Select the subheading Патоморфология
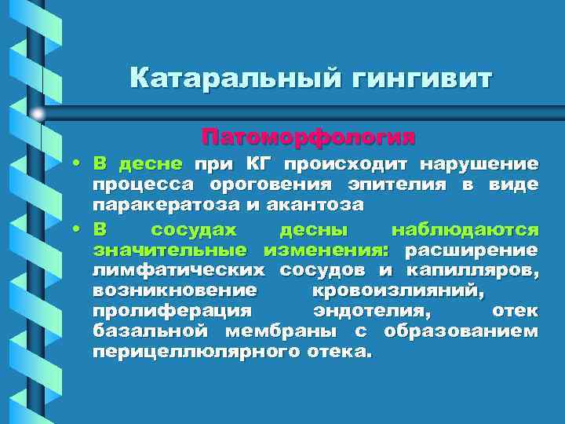307,137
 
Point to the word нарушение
479,165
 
